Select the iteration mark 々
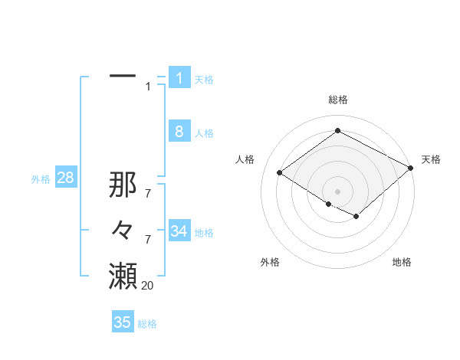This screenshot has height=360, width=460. coord(123,230)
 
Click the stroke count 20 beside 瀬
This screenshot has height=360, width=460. coord(147,286)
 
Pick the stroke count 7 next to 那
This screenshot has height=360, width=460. coord(148,194)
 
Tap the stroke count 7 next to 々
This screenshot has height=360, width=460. coord(148,240)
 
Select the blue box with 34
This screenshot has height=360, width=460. coord(179,231)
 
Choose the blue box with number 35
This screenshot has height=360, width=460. coord(123,322)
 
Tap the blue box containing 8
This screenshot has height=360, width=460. coord(179,132)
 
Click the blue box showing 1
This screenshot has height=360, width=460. coord(179,78)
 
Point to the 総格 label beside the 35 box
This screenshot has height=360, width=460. coord(147,324)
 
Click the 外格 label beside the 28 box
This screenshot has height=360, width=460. coord(41,179)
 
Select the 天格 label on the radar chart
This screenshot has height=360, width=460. coord(431,159)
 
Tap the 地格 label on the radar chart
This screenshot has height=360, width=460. coord(402,262)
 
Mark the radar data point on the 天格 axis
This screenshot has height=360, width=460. coord(411,168)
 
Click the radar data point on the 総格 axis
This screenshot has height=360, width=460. coord(337,130)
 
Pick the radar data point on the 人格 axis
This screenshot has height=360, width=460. coord(279,173)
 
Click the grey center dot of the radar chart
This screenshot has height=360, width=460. coord(337,191)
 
